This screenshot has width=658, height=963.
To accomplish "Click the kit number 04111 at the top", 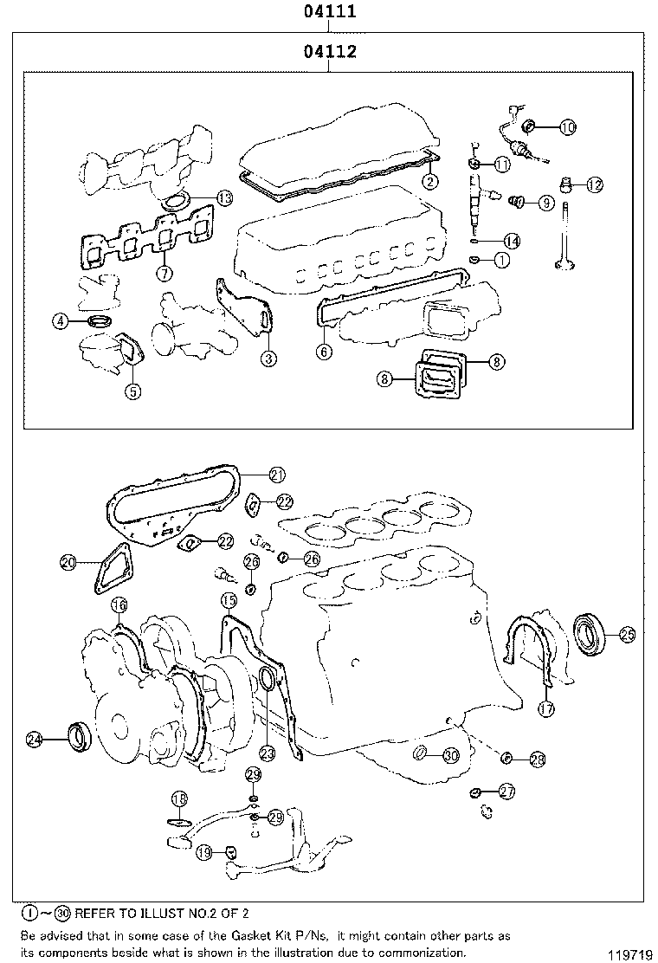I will click(x=330, y=13).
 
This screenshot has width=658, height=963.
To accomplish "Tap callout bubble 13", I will click(x=224, y=198).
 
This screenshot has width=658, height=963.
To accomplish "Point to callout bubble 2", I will click(x=429, y=181).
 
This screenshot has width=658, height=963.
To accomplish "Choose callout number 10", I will click(x=567, y=127).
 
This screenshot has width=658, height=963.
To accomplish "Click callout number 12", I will click(x=594, y=184).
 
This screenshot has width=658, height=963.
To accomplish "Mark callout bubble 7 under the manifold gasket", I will click(x=162, y=273).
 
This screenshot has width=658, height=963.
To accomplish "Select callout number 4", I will click(x=60, y=322).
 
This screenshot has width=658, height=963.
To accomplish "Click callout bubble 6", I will click(x=324, y=352).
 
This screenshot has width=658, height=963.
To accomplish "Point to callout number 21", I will click(x=276, y=474).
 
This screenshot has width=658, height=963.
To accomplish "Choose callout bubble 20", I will click(x=68, y=562).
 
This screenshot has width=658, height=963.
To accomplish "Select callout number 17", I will click(x=546, y=708).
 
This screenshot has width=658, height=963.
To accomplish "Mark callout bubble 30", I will click(x=450, y=755).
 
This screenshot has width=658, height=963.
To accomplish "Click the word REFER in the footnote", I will click(x=100, y=914).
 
